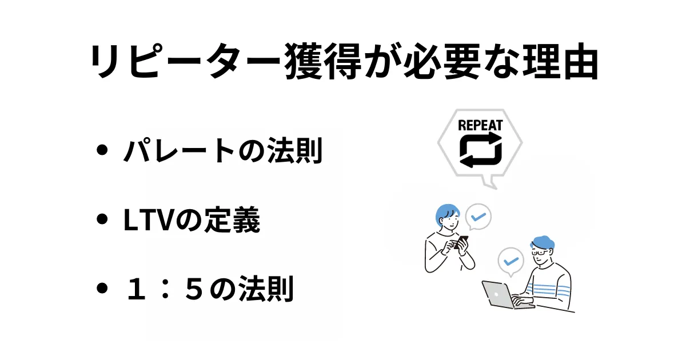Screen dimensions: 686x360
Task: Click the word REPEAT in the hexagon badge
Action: pyautogui.click(x=480, y=125)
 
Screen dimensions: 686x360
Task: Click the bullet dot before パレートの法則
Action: pyautogui.click(x=103, y=151)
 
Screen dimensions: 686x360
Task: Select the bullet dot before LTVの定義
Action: pyautogui.click(x=103, y=220)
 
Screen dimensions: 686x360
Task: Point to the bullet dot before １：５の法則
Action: pyautogui.click(x=103, y=289)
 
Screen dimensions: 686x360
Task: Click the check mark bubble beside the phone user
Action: pyautogui.click(x=478, y=217)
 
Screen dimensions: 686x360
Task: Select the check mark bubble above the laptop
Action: pyautogui.click(x=511, y=261)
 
